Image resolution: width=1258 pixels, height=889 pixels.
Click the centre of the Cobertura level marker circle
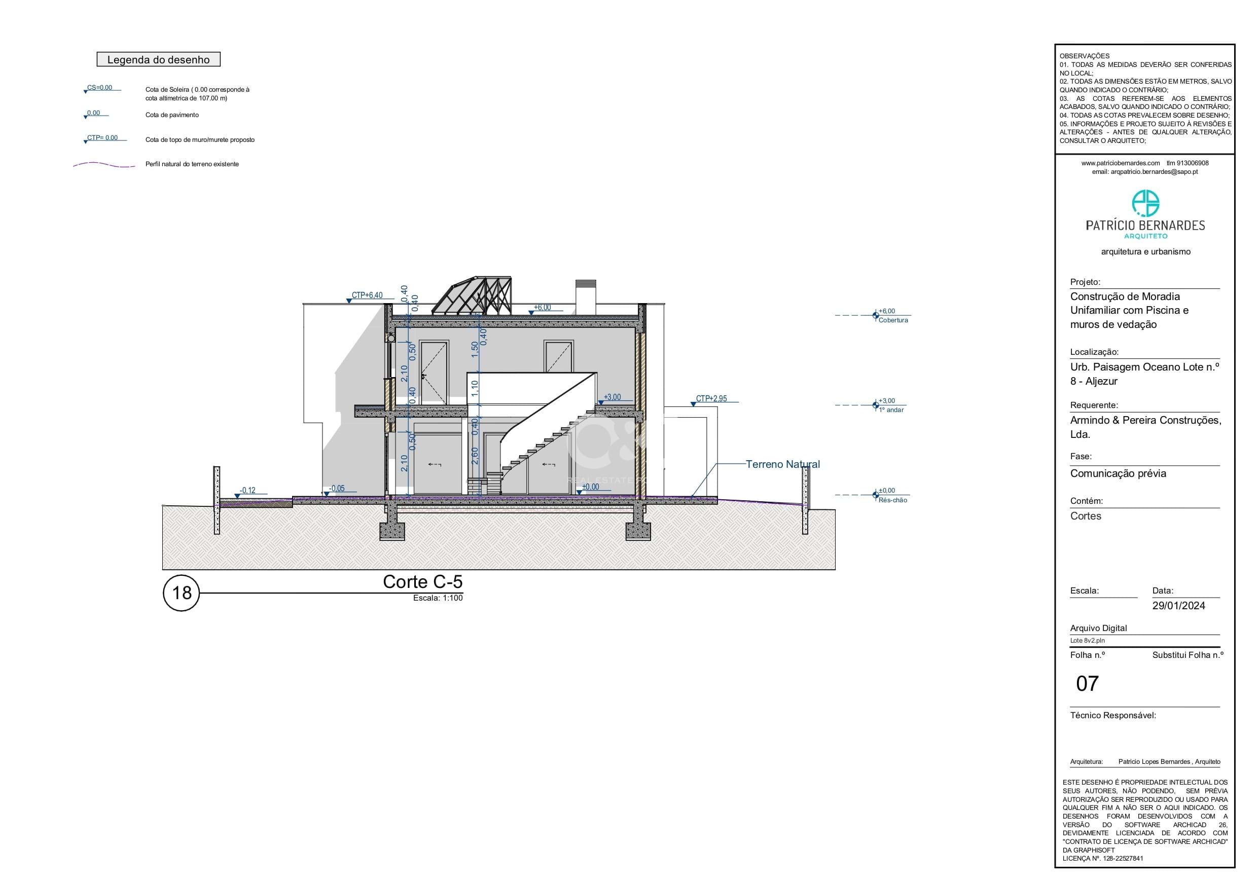coord(876,315)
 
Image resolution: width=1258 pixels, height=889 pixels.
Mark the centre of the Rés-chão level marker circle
coord(876,495)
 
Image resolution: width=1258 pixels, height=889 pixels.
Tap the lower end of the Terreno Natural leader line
coord(692,497)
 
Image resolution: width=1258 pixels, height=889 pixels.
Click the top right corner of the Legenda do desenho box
coord(220,53)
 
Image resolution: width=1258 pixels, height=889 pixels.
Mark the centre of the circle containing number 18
coord(182,592)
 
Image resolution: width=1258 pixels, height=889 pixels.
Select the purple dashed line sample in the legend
coord(104,164)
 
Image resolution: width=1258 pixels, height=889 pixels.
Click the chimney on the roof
coord(585,298)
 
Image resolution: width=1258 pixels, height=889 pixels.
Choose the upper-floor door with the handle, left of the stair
coord(434,373)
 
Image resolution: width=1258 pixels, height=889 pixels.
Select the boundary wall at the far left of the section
coord(217,500)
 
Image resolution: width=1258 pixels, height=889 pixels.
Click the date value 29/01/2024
coord(1178,606)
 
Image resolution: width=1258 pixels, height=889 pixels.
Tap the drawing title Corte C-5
coord(422,582)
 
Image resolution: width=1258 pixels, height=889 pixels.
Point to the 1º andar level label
coord(891,410)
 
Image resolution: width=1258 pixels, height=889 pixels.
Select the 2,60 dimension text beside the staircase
coord(475,456)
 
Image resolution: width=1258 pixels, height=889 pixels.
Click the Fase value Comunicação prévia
coord(1118,474)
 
